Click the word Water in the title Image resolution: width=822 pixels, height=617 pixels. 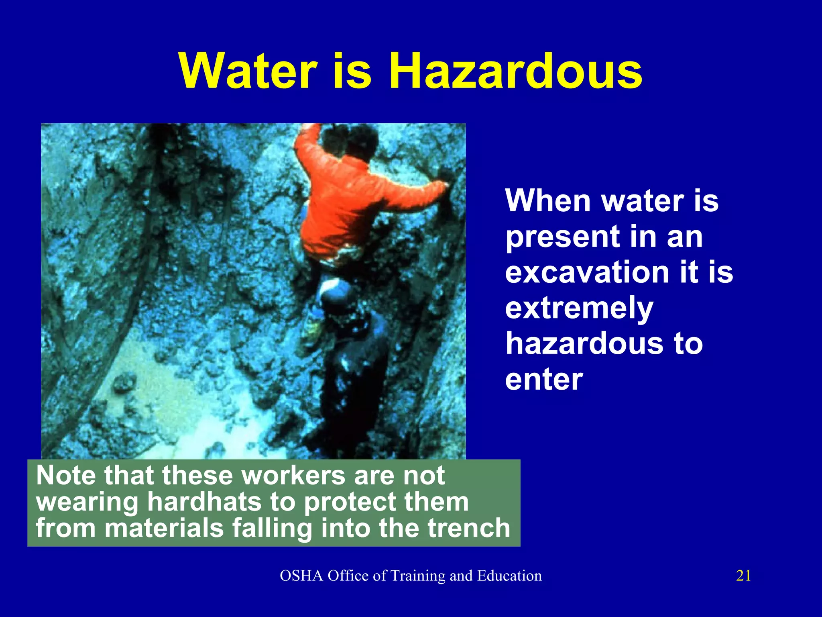[248, 72]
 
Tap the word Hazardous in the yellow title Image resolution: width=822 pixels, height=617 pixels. [515, 72]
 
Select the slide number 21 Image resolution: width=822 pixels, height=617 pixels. [743, 576]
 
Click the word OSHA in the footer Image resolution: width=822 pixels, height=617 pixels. [301, 576]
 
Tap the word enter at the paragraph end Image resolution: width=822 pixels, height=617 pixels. [544, 379]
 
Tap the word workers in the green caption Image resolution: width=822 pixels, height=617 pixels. [293, 476]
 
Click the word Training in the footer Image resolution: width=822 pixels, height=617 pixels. [417, 576]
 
